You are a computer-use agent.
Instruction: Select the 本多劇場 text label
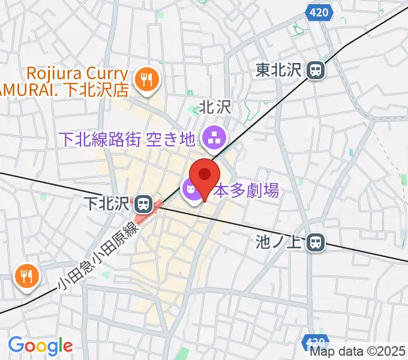238,191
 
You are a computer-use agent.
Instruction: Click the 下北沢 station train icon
143,204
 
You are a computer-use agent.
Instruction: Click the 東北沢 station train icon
315,71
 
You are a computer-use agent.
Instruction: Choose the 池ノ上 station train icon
316,243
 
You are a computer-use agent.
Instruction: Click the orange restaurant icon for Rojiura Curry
145,79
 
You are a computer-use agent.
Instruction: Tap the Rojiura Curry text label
77,74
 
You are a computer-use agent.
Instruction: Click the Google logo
40,346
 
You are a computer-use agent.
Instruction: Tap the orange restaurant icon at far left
26,277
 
